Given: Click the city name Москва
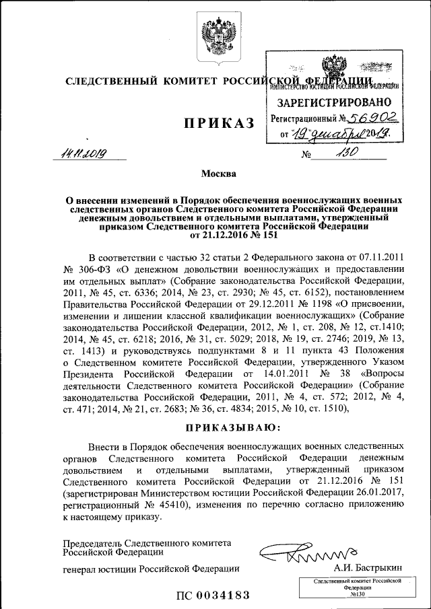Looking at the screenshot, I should click(x=219, y=174).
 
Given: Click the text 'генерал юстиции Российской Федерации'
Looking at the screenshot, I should click(x=152, y=569).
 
